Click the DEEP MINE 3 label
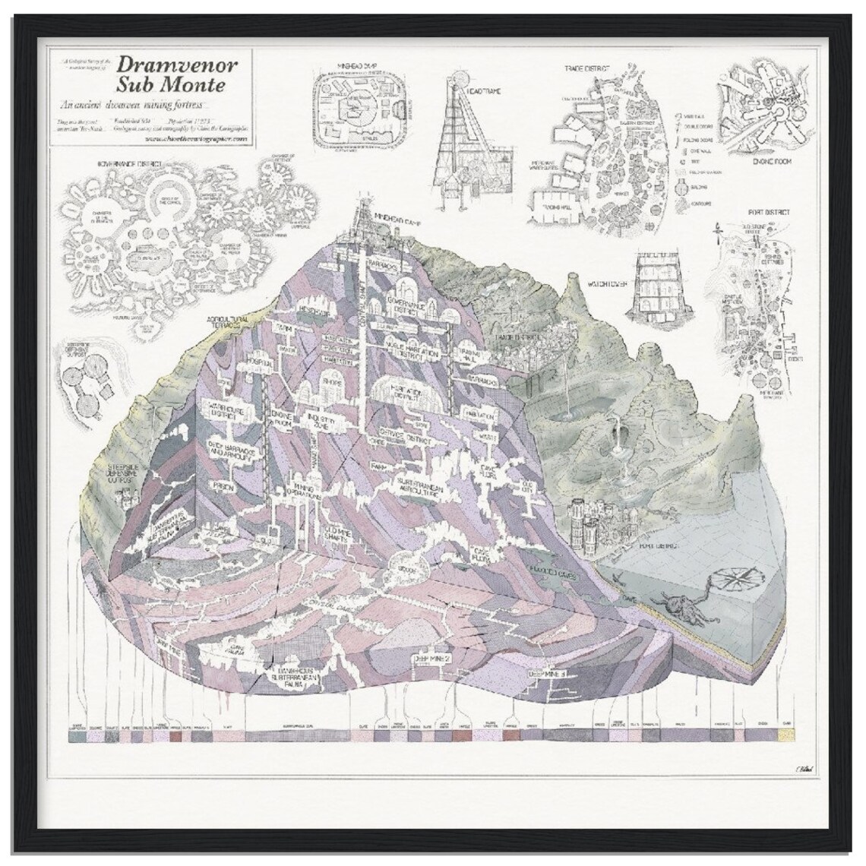(x=547, y=672)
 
